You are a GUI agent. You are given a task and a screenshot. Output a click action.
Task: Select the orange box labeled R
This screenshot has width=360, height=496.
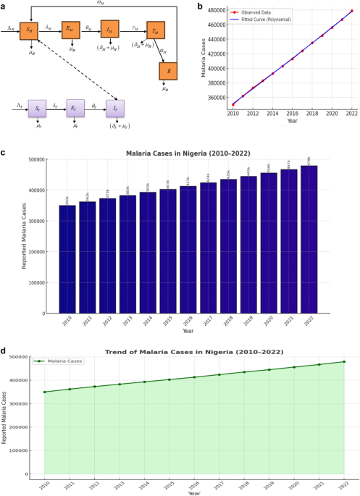167,71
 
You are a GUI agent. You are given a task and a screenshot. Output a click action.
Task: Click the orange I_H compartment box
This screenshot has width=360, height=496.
109,30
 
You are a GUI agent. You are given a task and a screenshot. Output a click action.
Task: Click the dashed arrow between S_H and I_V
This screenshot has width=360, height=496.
80,72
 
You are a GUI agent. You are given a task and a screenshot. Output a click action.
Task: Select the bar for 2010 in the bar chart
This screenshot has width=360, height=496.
67,246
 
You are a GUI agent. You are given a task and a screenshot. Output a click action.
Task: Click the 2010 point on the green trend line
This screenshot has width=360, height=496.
45,392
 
